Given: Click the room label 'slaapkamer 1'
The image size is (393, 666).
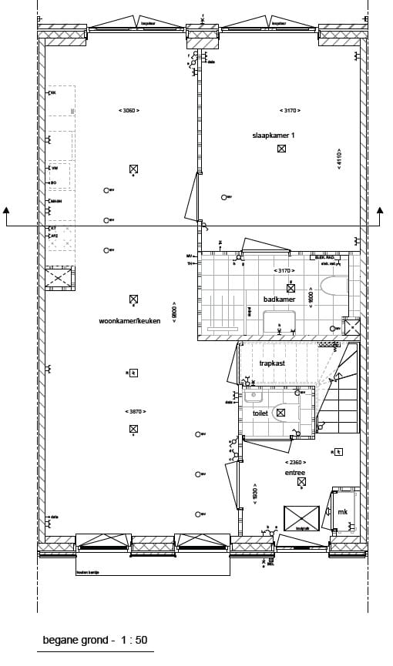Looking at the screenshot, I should click(274, 135).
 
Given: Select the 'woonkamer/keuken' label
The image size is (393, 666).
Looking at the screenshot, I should click(129, 320).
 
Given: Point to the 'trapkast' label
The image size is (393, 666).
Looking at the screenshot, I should click(273, 363).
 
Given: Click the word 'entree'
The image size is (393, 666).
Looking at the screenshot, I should click(295, 473).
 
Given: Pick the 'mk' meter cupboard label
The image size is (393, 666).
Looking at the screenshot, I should click(343, 511).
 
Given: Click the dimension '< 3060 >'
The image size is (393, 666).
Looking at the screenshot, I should click(128, 111).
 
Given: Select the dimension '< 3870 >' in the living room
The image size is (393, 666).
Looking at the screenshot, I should click(134, 411).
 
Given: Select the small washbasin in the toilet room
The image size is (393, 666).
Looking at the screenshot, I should click(252, 397).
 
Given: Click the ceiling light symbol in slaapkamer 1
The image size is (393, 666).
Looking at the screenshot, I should click(283, 149).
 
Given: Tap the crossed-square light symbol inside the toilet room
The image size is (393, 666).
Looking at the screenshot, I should click(280, 413).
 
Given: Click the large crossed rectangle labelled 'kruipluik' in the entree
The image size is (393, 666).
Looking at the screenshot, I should click(301, 517).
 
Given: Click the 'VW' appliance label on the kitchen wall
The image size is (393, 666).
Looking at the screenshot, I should click(55, 168).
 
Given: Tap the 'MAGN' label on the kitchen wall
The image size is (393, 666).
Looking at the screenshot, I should click(55, 201).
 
